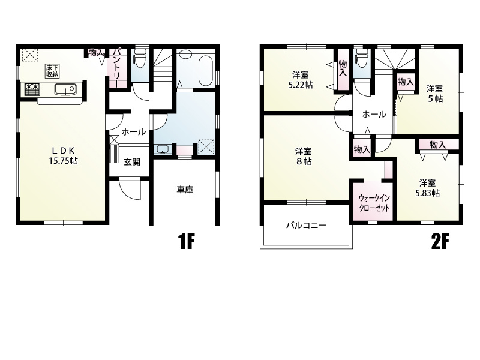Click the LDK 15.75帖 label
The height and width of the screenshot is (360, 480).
64,155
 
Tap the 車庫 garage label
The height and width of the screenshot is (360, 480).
185,190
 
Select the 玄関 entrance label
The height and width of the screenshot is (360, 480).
132,162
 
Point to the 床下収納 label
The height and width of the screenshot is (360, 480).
52,71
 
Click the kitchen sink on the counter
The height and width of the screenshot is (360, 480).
65,89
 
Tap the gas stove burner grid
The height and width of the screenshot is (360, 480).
32,89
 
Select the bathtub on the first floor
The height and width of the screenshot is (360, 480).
205,70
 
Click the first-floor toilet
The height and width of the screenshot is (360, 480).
140,58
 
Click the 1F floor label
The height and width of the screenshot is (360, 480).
186,242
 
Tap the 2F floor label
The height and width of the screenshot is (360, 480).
440,242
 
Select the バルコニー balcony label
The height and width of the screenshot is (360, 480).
307,226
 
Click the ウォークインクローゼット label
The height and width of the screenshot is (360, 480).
374,203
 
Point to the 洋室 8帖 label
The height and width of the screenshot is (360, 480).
304,157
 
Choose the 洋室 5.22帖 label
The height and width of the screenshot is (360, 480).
301,80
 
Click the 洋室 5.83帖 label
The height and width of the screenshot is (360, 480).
428,188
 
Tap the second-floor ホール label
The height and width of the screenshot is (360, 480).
374,115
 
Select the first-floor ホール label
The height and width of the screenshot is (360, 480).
134,132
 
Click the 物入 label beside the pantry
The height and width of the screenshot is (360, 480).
96,53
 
